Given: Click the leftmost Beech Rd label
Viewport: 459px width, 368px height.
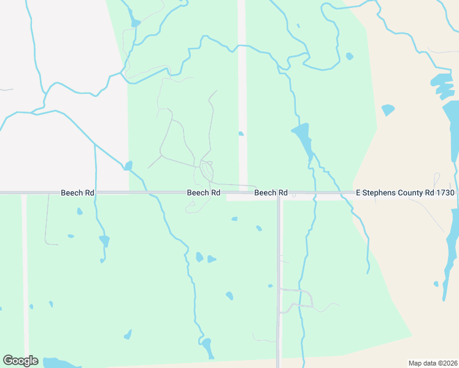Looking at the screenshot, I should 77,193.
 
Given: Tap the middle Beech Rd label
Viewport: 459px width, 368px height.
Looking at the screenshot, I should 204,193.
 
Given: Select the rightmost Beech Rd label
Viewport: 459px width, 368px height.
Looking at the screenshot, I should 271,193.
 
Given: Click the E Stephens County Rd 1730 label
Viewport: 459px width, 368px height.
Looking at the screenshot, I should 405,193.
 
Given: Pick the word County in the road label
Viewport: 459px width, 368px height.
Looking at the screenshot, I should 415,193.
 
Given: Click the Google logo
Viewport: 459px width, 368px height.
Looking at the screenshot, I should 20,361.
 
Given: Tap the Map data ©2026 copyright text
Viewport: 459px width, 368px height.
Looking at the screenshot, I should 433,363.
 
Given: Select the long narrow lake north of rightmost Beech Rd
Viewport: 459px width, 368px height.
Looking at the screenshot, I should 303,140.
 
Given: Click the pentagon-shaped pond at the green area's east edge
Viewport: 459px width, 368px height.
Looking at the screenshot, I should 387,110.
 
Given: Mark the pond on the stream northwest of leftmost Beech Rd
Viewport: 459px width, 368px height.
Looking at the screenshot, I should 128,166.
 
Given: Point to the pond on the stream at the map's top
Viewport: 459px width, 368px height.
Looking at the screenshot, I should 136,23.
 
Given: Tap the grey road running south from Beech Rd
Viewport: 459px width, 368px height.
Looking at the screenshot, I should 279,276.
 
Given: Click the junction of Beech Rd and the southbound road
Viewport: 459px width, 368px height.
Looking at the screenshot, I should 279,193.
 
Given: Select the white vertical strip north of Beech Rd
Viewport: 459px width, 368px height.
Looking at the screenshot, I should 242,92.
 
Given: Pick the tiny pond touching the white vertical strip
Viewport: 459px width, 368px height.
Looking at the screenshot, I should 241,133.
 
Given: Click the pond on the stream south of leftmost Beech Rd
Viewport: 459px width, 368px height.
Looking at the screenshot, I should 104,240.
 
